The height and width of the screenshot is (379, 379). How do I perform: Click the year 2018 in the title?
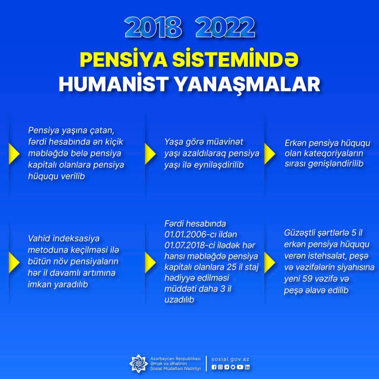click(x=153, y=28)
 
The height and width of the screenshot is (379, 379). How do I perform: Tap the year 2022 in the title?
click(x=225, y=28)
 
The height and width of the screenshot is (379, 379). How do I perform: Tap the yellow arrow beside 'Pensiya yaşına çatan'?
click(x=14, y=154)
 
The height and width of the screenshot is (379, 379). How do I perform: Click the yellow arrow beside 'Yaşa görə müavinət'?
click(x=150, y=154)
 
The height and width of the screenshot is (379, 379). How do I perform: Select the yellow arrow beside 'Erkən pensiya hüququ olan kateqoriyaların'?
click(x=269, y=154)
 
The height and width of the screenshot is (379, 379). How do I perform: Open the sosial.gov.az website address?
click(x=230, y=359)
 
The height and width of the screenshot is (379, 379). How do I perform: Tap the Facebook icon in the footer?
click(x=214, y=367)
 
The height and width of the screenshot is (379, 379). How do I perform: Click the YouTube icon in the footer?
click(x=240, y=367)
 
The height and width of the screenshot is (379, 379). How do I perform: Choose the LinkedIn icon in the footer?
click(x=247, y=367)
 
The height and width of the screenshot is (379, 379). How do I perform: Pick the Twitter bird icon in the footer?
click(x=233, y=367)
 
